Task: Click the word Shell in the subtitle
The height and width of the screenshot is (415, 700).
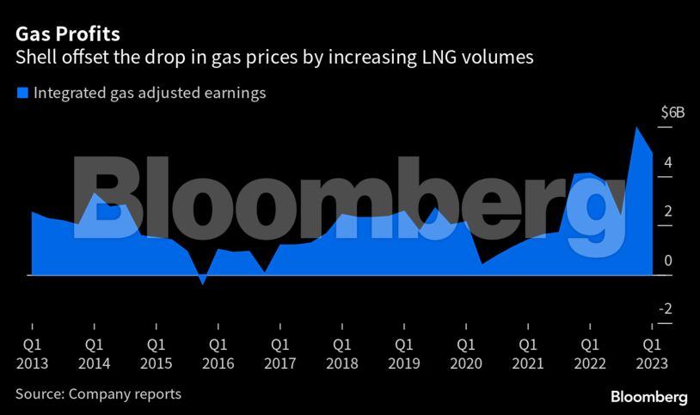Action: click(36, 58)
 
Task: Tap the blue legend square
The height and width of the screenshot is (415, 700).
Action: click(22, 94)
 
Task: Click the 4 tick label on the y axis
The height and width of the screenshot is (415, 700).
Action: click(666, 162)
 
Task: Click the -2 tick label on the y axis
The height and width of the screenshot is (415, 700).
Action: click(665, 309)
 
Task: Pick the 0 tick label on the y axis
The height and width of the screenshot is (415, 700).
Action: click(666, 260)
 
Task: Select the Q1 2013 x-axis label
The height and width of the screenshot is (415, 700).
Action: click(32, 353)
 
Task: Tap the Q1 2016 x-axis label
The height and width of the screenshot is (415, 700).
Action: click(218, 353)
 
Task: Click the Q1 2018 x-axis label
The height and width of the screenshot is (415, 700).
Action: click(341, 353)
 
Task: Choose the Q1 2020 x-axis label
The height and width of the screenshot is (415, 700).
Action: click(465, 353)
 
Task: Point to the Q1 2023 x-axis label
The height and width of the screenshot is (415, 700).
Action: click(651, 353)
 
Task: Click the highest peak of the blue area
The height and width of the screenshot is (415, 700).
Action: click(636, 128)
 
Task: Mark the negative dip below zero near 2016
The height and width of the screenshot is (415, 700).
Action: click(203, 282)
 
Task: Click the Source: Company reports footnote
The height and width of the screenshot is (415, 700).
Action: click(98, 394)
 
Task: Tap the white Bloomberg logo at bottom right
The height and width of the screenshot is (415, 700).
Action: click(648, 397)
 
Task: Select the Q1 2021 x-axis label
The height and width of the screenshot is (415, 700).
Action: click(527, 353)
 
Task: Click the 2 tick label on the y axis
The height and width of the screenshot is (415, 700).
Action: click(666, 211)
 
